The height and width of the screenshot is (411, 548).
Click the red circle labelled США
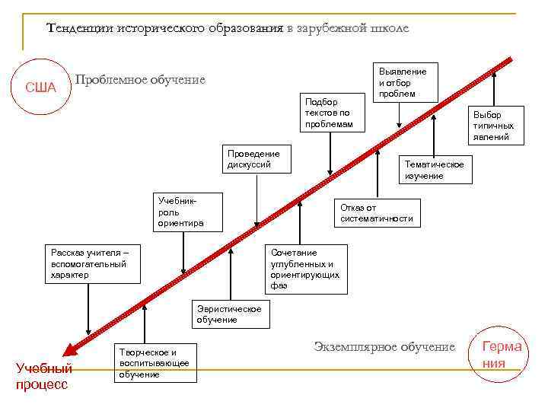pos(41,87)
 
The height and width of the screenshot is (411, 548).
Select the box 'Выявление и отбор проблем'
pos(403,82)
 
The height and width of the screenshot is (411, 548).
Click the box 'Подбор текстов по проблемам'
pos(330,113)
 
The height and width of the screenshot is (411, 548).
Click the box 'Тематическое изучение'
pos(438,169)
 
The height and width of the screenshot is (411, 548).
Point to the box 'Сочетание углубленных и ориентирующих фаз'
pos(306,269)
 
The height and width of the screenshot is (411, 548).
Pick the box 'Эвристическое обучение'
pos(228,314)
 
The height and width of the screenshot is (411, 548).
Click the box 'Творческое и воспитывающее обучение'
pos(156,364)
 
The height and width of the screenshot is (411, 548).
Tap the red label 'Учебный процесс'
pos(43,376)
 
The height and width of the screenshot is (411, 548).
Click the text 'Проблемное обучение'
pos(140,80)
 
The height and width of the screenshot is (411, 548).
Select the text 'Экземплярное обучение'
pos(384,346)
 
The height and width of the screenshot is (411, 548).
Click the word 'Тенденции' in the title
pos(80,28)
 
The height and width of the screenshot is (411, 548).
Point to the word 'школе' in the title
pos(389,28)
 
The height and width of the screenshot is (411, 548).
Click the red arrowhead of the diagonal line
pos(71,349)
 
